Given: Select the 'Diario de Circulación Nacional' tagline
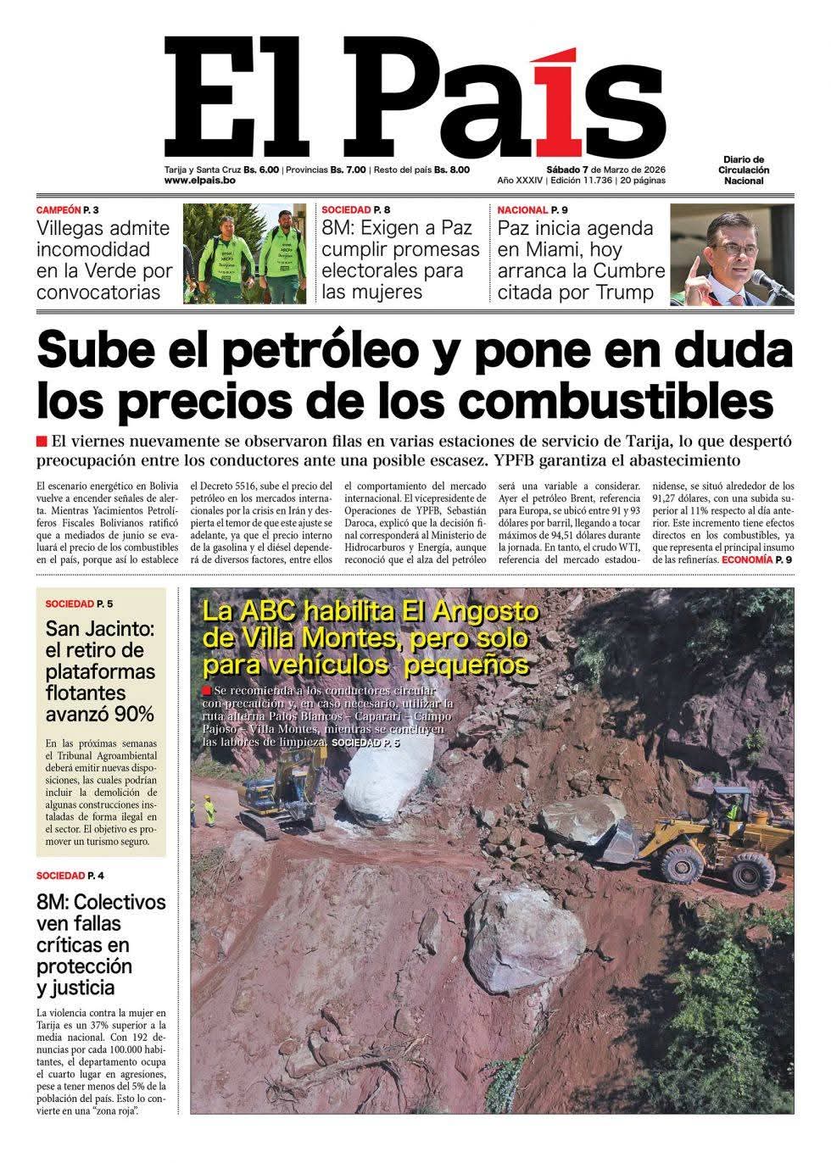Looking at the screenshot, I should click(744, 170).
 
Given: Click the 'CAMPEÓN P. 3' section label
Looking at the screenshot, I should click(73, 209).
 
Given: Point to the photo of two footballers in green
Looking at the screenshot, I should click(244, 253).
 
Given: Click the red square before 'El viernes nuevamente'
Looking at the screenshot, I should click(42, 441).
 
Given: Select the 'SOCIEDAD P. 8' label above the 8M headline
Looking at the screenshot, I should click(357, 209).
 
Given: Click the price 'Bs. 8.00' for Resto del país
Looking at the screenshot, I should click(452, 169).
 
